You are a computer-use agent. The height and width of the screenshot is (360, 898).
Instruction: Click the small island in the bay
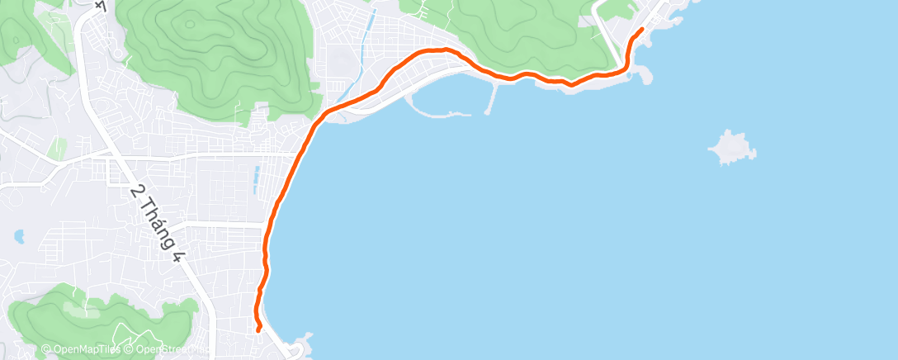pyautogui.click(x=731, y=148)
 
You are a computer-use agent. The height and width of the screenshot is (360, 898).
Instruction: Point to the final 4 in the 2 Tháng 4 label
pyautogui.click(x=177, y=254)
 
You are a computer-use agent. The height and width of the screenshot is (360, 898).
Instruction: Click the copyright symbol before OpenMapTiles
pyautogui.click(x=45, y=350)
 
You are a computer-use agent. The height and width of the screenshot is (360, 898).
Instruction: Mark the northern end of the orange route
pyautogui.click(x=641, y=30)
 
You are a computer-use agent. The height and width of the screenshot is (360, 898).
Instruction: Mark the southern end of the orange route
pyautogui.click(x=259, y=330)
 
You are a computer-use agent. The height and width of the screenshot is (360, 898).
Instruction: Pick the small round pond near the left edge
pyautogui.click(x=19, y=237)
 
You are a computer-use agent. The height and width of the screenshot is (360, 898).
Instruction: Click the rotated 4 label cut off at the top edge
pyautogui.click(x=102, y=5)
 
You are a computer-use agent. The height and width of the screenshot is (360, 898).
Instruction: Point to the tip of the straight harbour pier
pyautogui.click(x=489, y=111)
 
